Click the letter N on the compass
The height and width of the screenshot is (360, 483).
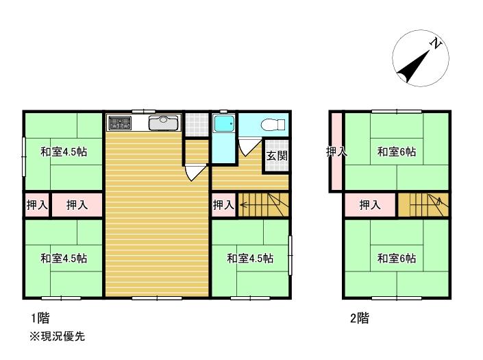(435, 43)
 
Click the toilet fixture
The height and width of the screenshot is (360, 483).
(273, 125)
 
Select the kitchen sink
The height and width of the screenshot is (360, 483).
(163, 123)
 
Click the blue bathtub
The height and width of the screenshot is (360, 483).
(224, 123)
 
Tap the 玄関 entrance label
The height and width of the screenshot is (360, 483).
(277, 156)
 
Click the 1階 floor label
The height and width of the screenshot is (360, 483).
(40, 317)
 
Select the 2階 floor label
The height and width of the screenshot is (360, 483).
(360, 317)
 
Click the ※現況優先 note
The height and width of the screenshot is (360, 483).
(58, 336)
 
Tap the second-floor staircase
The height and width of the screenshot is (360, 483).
(423, 204)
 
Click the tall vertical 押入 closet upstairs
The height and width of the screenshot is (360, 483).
(336, 152)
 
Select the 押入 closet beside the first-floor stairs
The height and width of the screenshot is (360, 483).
(224, 204)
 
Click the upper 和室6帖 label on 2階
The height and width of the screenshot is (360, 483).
(397, 152)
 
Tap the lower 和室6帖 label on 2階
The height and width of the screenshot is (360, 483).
(397, 259)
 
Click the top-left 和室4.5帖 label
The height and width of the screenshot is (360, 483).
(64, 152)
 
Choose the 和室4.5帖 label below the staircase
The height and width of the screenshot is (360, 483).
(250, 259)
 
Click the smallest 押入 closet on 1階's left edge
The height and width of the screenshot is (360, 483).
(37, 204)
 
